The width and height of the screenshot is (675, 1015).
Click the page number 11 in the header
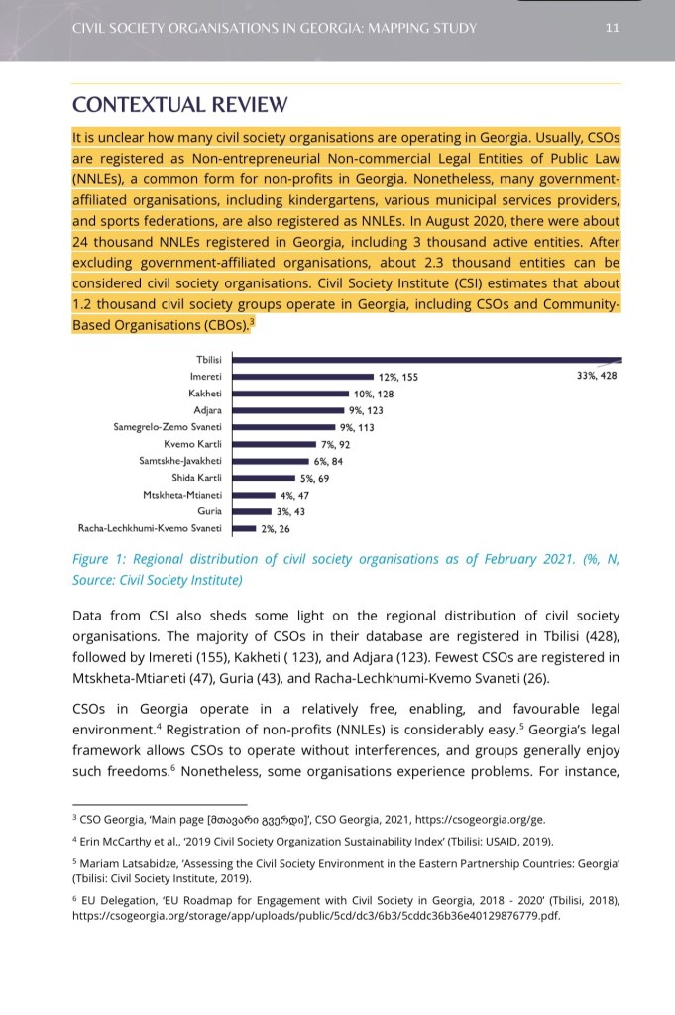(612, 28)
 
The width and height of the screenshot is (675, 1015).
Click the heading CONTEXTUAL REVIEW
(180, 105)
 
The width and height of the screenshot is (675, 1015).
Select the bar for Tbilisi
(426, 360)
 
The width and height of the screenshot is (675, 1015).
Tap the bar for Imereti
(301, 377)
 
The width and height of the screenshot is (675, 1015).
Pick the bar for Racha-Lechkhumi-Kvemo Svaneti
(243, 528)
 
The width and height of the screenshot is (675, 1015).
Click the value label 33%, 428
(596, 377)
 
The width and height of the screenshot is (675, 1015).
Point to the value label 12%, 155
(398, 377)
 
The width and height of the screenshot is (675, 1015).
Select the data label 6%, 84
(328, 461)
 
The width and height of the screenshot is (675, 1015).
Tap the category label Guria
(209, 511)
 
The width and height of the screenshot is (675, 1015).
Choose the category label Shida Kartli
(196, 478)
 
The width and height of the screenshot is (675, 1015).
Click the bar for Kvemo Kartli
(274, 444)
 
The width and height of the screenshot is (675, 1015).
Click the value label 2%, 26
(275, 528)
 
